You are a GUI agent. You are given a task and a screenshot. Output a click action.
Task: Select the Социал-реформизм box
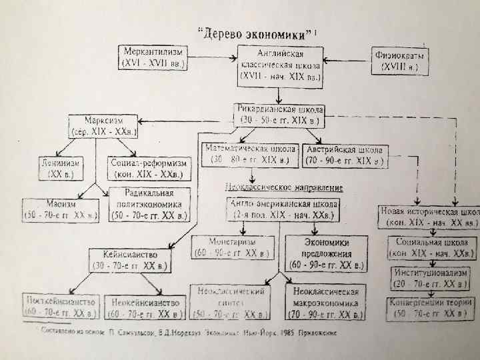pos(148,167)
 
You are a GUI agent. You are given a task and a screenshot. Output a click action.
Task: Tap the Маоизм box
pos(61,209)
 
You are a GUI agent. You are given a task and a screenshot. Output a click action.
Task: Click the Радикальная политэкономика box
pos(150,204)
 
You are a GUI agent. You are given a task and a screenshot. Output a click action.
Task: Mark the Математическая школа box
pos(251,155)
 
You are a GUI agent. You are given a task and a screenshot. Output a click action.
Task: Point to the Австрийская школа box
pos(345,155)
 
